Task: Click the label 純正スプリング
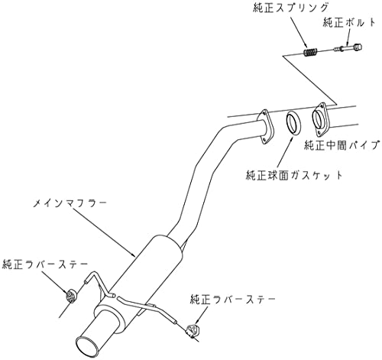[290, 8]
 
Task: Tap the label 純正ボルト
[349, 22]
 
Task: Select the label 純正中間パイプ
[342, 145]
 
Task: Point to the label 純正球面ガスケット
[294, 175]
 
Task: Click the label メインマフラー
[70, 204]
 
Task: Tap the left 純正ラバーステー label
[45, 265]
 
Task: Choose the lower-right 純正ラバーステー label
[233, 299]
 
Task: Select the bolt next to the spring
[348, 47]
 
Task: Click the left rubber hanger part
[70, 297]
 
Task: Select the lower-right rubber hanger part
[193, 330]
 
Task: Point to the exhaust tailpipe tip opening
[87, 346]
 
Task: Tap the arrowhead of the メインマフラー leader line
[133, 254]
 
